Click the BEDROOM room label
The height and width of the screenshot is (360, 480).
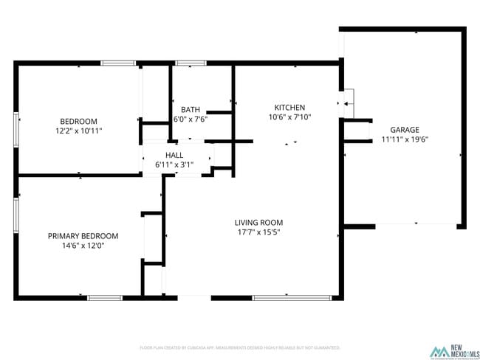[78, 121]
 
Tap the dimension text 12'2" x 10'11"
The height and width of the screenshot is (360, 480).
[78, 131]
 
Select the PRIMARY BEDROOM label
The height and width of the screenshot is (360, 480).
[83, 236]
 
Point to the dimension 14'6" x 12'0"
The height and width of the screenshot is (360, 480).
[83, 246]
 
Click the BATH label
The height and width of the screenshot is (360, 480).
[190, 109]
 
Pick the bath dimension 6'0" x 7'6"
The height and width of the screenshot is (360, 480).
[190, 119]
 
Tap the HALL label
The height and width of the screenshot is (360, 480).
[174, 155]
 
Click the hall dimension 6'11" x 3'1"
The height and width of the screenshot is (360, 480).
[174, 165]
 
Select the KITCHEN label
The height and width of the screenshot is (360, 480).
[289, 107]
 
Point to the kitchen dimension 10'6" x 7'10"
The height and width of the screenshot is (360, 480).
[289, 117]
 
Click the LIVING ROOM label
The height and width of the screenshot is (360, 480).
[258, 222]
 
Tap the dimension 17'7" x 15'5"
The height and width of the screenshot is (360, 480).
[258, 232]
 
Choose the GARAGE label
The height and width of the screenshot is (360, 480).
[405, 129]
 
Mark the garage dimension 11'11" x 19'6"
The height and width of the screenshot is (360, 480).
[405, 139]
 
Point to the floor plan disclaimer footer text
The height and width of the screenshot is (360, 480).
[239, 347]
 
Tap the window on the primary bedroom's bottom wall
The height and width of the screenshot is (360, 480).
[105, 297]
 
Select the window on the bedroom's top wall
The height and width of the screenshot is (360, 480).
[118, 63]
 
